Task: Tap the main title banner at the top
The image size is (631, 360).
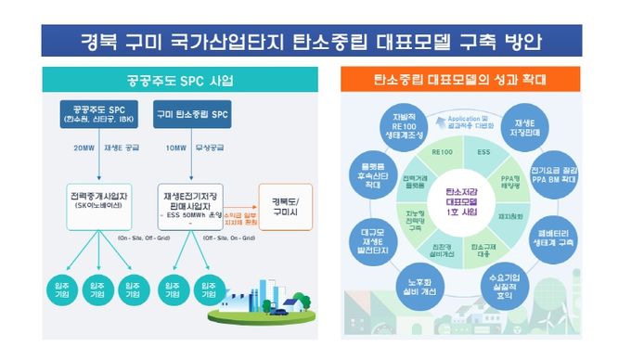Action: point(315,40)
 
